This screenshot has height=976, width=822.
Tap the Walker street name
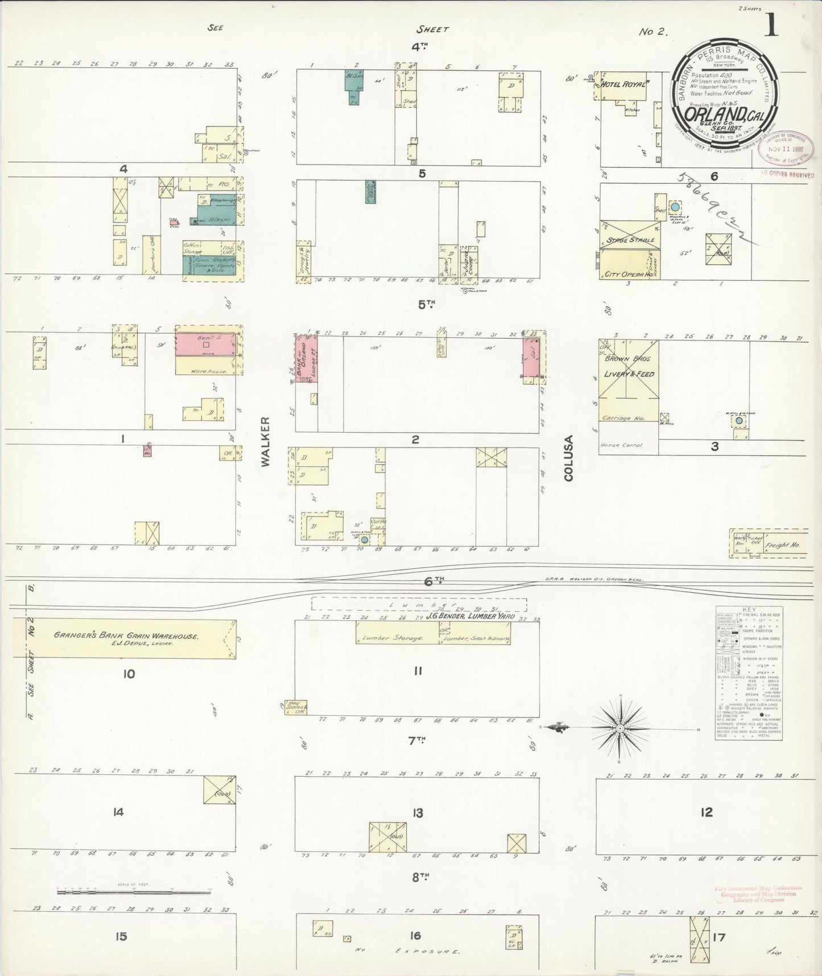click(x=266, y=442)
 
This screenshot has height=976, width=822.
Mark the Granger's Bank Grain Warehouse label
click(x=126, y=635)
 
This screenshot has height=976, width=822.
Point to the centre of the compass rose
click(x=621, y=728)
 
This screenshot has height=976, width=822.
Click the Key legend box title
click(x=748, y=609)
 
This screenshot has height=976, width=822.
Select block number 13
click(x=418, y=813)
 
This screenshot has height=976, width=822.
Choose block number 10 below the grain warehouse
click(x=129, y=674)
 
